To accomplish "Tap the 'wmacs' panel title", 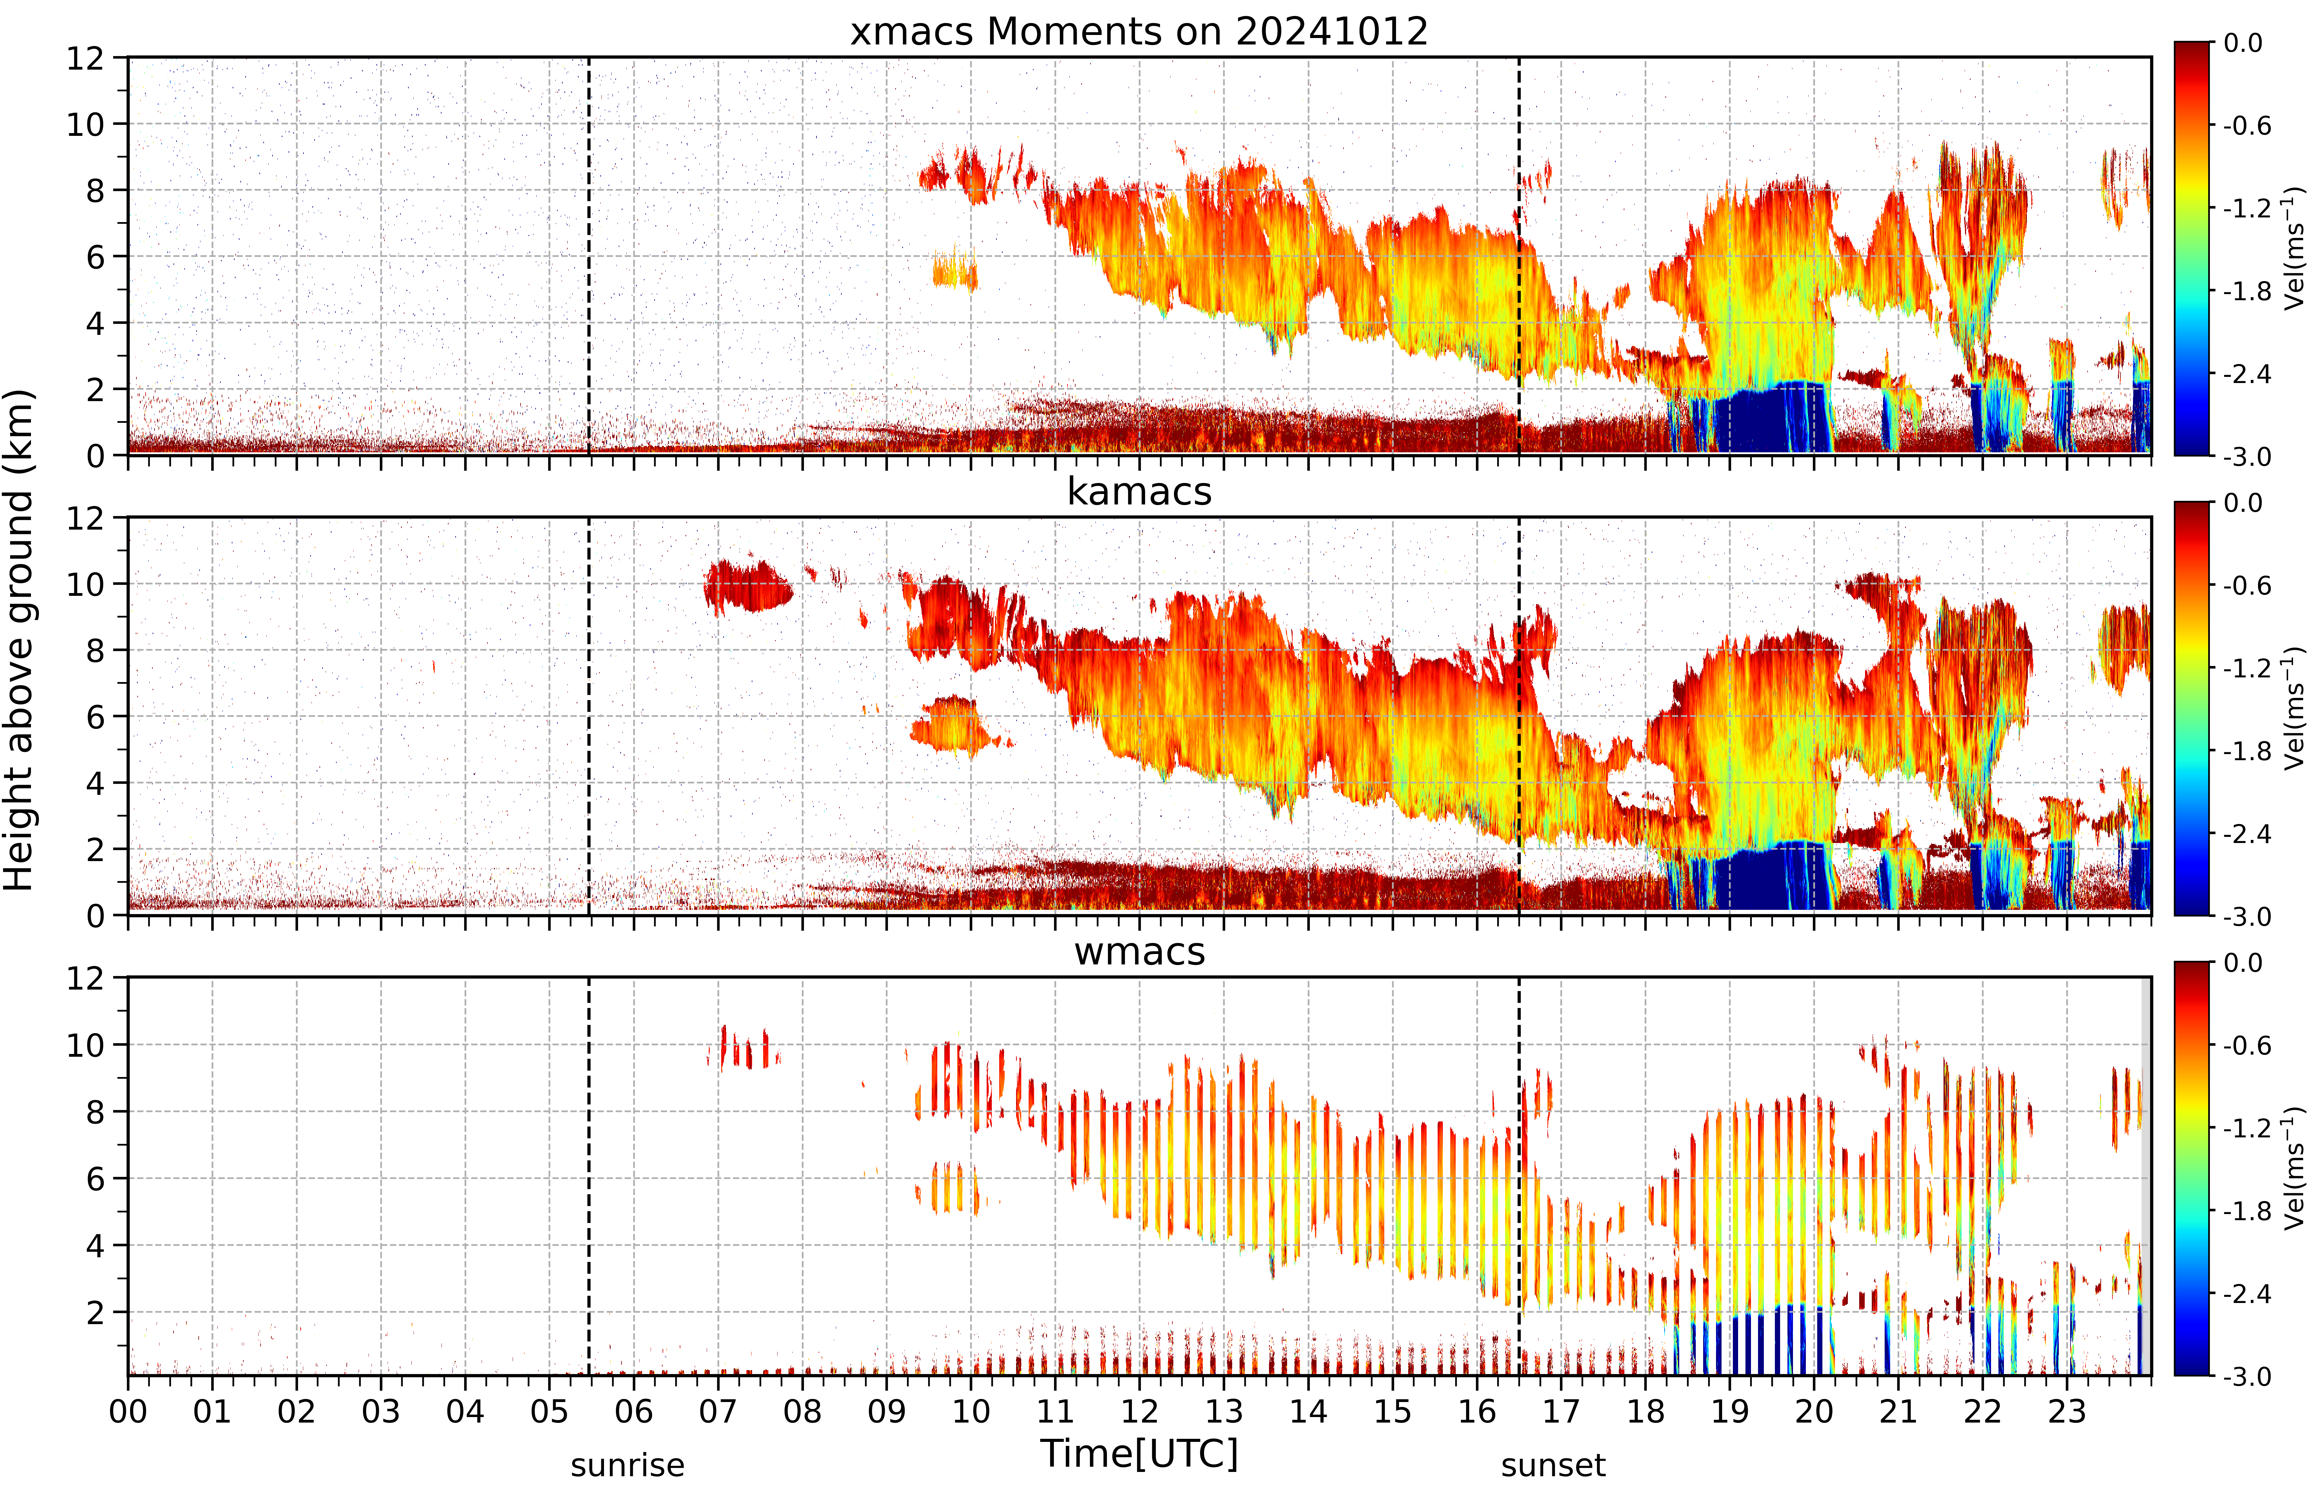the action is pyautogui.click(x=1139, y=951).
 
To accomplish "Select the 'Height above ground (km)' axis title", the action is pyautogui.click(x=18, y=640).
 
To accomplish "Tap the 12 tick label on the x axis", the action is pyautogui.click(x=1139, y=1412).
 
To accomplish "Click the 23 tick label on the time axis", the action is pyautogui.click(x=2066, y=1412).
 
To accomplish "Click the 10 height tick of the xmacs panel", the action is pyautogui.click(x=85, y=125).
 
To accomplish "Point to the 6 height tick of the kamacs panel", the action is pyautogui.click(x=94, y=717).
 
